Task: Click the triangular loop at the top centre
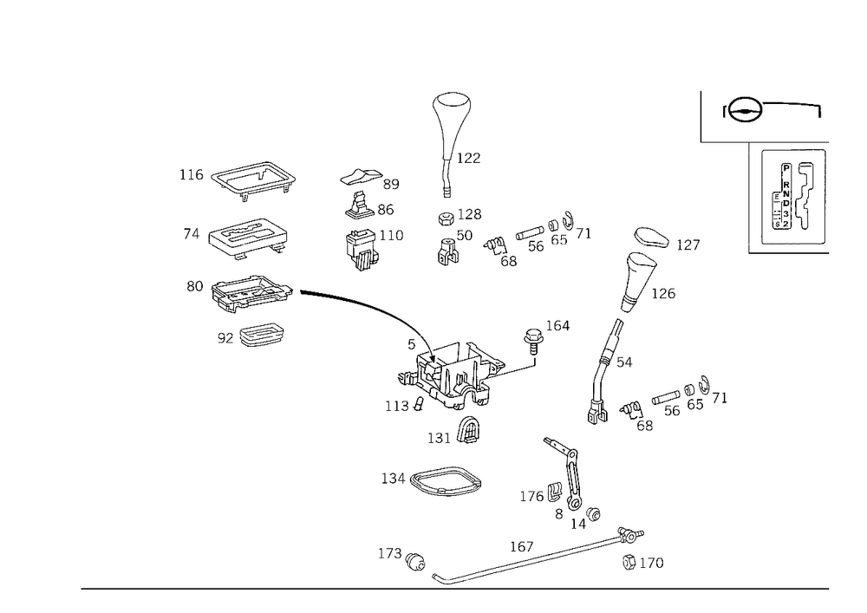click(x=453, y=113)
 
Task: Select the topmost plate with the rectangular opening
click(x=251, y=177)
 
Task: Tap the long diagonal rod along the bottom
click(x=529, y=559)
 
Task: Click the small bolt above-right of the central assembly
click(x=537, y=338)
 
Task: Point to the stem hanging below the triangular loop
click(x=447, y=173)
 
